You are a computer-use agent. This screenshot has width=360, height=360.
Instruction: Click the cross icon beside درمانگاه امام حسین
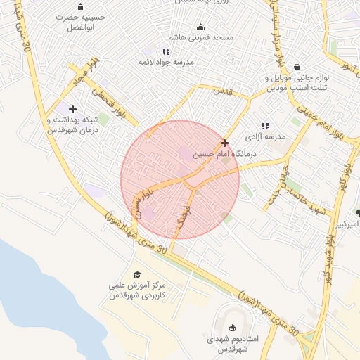point(224,143)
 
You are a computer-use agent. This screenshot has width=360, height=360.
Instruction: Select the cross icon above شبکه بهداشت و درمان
point(72,108)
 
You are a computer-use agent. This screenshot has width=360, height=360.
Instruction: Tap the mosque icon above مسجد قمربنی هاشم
point(200,27)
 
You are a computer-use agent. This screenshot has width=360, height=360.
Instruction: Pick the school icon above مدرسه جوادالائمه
point(166,51)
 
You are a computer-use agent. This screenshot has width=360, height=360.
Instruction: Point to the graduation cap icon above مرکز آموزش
point(137,274)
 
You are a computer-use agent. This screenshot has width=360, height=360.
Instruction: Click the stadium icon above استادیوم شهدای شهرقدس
point(233,328)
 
